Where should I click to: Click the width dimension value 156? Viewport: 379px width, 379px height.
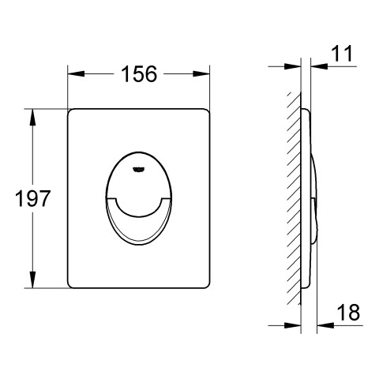139,73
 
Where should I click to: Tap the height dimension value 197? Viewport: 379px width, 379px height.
32,198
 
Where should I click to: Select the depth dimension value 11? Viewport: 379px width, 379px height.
341,54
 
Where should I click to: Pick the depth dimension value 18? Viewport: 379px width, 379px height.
348,313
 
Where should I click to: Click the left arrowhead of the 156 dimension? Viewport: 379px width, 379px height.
77,74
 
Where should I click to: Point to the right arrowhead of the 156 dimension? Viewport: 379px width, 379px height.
201,74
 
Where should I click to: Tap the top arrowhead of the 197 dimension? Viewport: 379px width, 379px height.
32,117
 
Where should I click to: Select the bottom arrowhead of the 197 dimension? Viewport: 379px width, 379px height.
32,280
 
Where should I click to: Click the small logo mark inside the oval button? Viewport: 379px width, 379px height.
138,169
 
